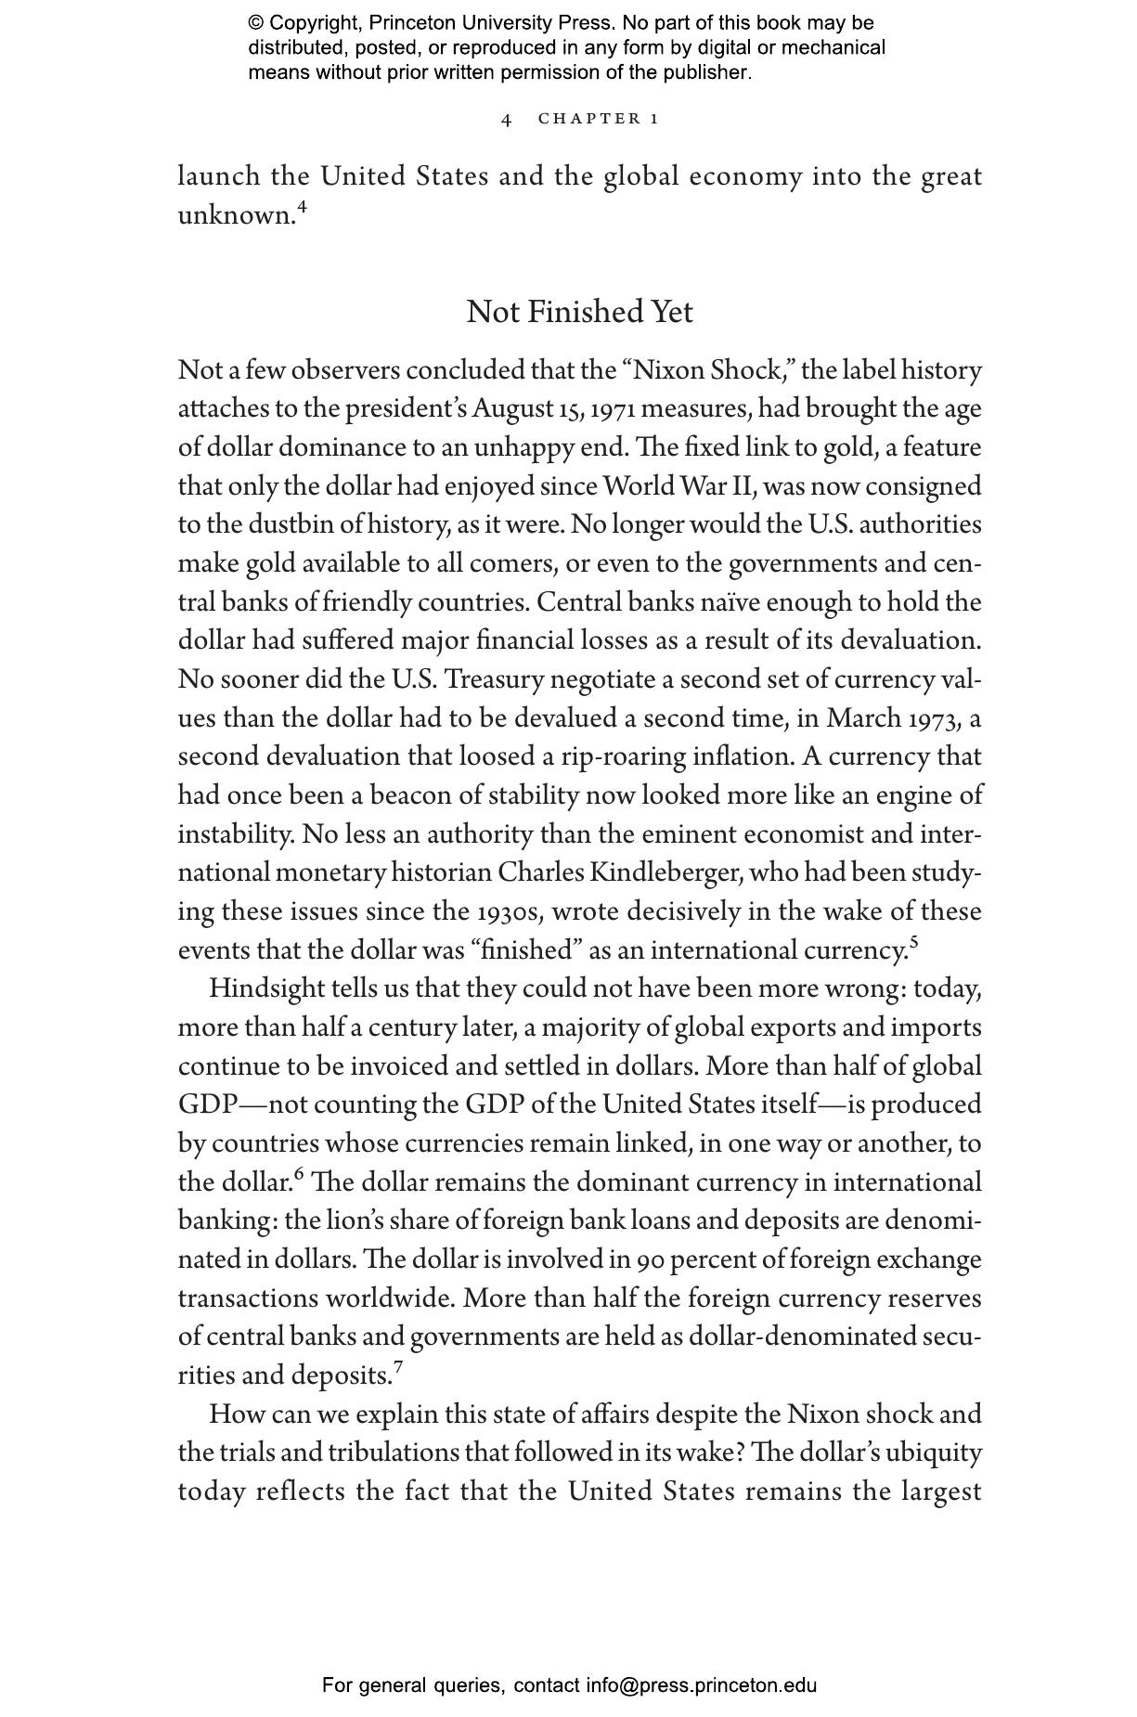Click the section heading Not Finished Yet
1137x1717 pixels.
[579, 312]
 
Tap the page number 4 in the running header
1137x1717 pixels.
[506, 119]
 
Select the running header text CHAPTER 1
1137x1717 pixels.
[599, 119]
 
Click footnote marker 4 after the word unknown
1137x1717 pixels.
[302, 208]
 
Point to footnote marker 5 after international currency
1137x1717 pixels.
[914, 943]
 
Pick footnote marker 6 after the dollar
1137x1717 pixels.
[299, 1175]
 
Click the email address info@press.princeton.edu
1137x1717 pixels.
[701, 1685]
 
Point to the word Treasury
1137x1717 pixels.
[493, 680]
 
